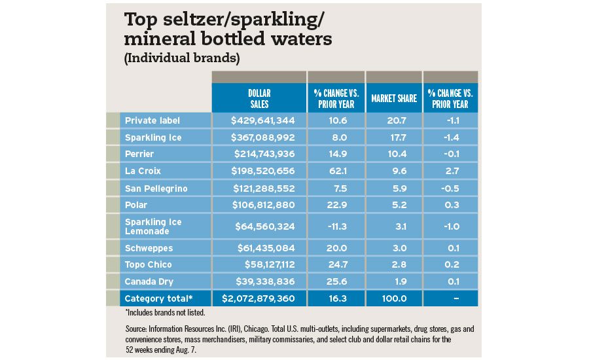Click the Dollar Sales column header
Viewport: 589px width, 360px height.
click(x=259, y=98)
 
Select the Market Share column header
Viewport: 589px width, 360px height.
click(x=394, y=99)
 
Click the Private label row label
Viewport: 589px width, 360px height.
click(x=152, y=120)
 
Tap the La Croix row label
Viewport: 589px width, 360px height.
click(x=143, y=171)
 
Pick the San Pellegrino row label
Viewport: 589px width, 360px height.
click(x=156, y=189)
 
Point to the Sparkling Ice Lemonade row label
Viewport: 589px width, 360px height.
click(x=154, y=226)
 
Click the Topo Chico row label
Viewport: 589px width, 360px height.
click(x=149, y=264)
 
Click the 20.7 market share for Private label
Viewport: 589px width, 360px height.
click(x=393, y=120)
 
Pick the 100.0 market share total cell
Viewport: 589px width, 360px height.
click(x=393, y=298)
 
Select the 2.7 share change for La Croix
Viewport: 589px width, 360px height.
click(x=450, y=171)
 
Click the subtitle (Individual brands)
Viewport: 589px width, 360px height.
click(x=181, y=58)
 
